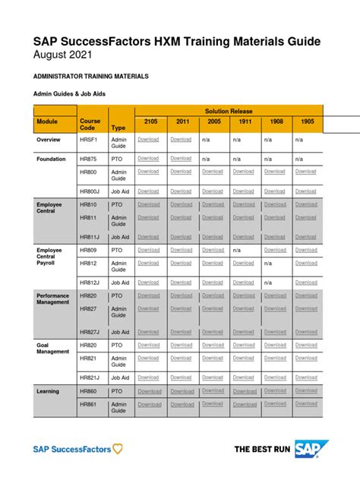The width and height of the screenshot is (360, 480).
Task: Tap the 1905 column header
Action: click(306, 122)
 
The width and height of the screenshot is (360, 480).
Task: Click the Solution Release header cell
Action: click(229, 111)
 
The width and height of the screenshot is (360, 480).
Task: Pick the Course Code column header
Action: click(89, 125)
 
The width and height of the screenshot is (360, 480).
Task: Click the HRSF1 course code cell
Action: click(89, 140)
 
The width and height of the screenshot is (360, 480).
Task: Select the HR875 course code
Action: click(88, 159)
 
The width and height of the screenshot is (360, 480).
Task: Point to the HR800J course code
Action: click(90, 191)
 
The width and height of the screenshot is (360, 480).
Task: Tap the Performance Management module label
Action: click(52, 298)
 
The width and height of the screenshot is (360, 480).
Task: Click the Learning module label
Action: click(48, 391)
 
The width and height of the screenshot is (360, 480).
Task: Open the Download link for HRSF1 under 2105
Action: click(148, 140)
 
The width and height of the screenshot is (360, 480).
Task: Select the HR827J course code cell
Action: click(90, 332)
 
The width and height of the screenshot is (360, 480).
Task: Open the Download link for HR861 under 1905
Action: click(306, 404)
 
